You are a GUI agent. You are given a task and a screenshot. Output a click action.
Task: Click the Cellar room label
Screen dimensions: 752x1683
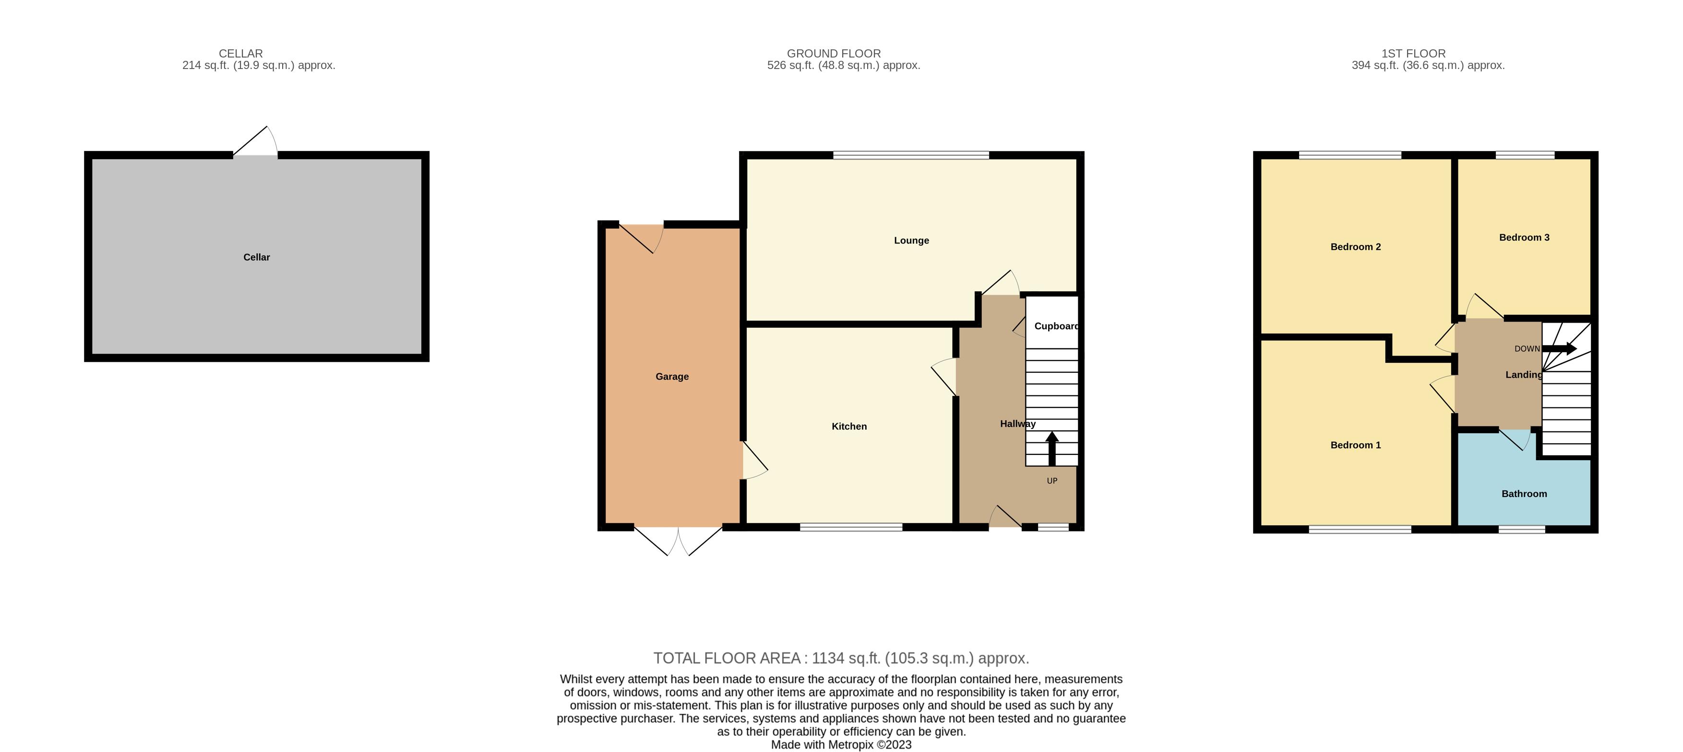(256, 257)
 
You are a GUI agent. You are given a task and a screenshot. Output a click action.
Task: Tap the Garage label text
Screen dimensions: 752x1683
(672, 377)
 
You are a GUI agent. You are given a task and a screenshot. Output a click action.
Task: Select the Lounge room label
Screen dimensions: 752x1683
(911, 240)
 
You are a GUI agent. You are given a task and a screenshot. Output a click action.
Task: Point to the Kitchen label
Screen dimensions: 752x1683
(848, 426)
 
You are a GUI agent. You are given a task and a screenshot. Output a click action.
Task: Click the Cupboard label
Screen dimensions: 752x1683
(1056, 326)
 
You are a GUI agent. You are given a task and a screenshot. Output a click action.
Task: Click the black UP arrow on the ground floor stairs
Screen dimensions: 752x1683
(1052, 449)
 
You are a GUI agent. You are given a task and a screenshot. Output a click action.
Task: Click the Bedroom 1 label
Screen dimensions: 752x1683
(1355, 445)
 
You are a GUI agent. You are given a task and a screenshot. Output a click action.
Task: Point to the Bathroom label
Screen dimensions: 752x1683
(1524, 494)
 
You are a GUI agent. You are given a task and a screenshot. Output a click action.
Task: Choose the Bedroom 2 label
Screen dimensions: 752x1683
(1355, 247)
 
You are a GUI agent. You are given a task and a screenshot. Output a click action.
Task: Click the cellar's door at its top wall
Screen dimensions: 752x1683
(255, 144)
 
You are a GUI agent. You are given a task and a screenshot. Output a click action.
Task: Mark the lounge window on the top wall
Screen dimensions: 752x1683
(911, 155)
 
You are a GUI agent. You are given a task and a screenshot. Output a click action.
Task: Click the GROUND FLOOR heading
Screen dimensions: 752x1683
(833, 54)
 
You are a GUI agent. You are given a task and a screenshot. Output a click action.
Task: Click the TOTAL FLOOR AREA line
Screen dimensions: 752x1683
(841, 658)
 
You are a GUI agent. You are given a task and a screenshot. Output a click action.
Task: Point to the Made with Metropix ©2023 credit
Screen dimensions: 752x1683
(841, 745)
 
